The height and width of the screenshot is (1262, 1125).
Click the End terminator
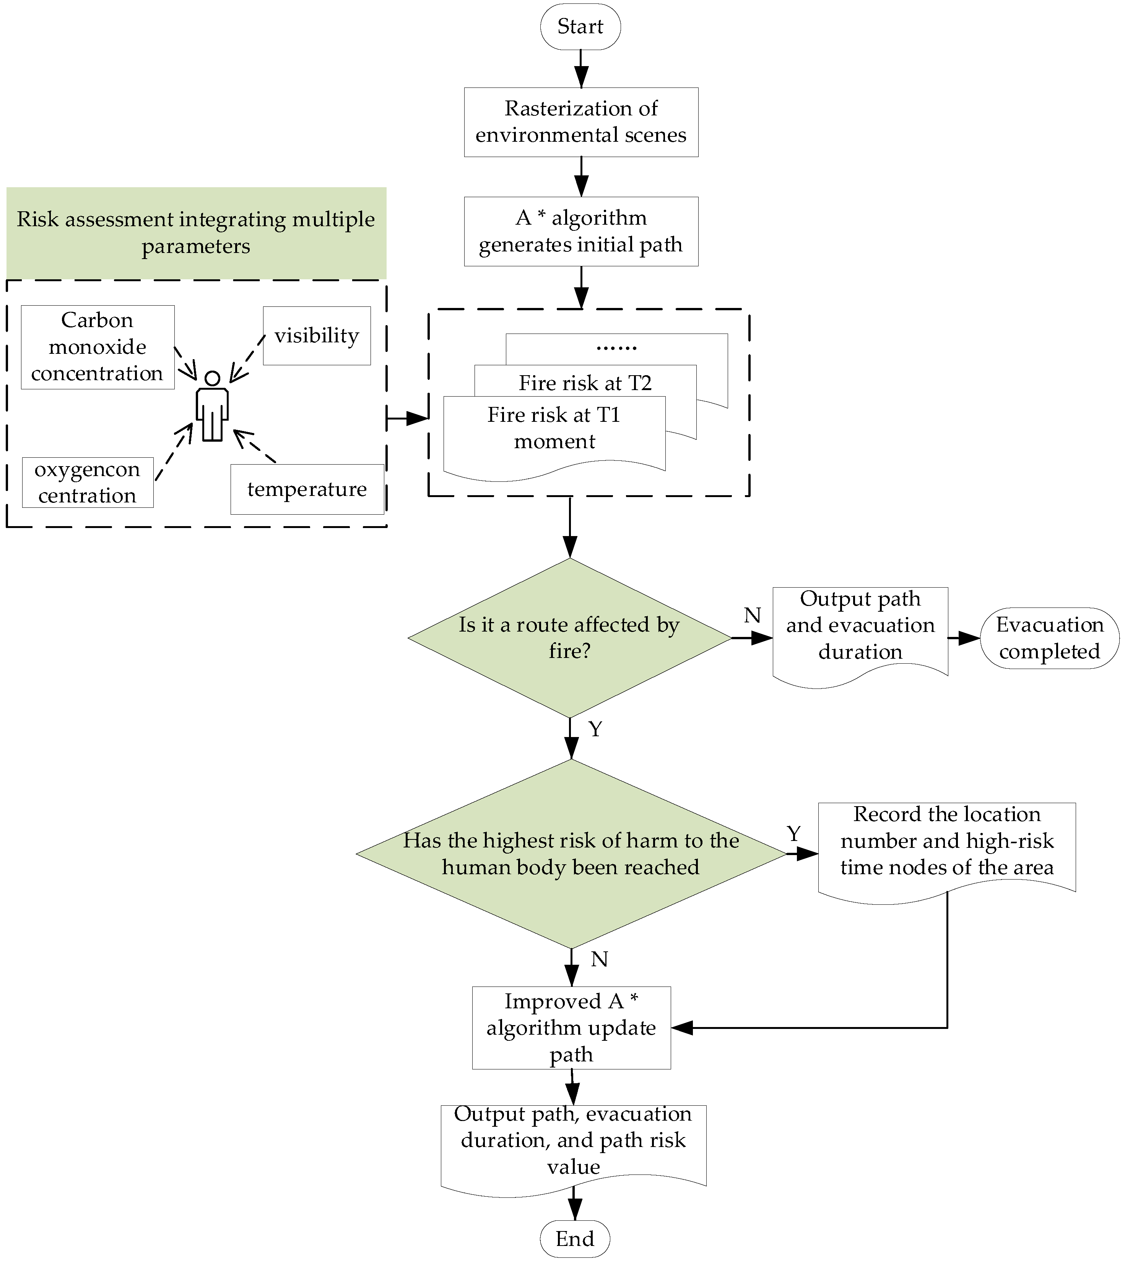pos(575,1239)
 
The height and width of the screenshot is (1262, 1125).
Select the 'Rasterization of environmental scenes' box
pos(581,122)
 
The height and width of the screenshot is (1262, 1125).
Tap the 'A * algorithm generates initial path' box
pos(581,231)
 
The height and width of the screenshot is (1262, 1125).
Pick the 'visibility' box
pos(317,335)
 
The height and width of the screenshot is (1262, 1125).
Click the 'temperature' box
pos(307,489)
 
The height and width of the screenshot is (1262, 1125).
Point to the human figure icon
pos(212,405)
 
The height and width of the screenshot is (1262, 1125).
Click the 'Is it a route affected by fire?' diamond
pos(570,637)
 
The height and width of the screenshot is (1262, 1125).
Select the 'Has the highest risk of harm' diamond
pos(571,853)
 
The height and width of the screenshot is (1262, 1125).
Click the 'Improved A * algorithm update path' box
pos(571,1027)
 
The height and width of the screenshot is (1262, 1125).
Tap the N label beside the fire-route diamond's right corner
pos(752,615)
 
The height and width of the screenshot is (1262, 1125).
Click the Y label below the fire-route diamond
pos(595,729)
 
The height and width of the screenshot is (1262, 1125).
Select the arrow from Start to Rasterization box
pos(581,68)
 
